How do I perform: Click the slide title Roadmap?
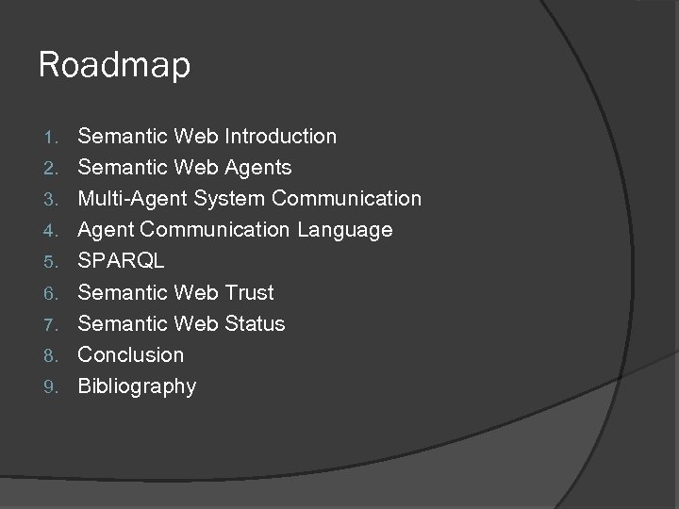(114, 66)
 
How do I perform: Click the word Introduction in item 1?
(280, 137)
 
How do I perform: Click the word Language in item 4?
(345, 230)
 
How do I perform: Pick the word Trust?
(249, 292)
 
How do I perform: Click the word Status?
(254, 323)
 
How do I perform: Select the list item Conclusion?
(131, 354)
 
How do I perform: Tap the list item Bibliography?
(137, 386)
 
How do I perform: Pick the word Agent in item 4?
(107, 230)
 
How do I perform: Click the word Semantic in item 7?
(123, 323)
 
